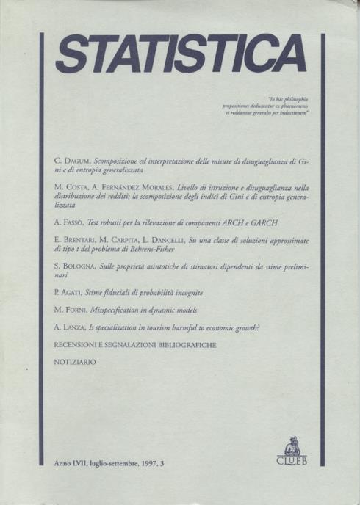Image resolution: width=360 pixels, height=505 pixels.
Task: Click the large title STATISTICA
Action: (181, 54)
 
